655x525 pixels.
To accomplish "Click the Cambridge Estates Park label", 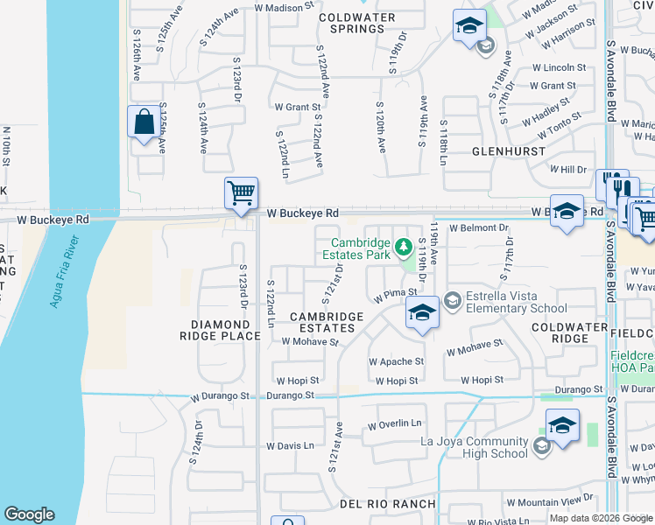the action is click(359, 250).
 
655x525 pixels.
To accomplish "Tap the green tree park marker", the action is click(404, 246).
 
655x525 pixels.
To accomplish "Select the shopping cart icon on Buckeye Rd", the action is click(241, 192).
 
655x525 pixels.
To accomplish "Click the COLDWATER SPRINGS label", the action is click(352, 23).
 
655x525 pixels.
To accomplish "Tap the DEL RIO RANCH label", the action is click(388, 503).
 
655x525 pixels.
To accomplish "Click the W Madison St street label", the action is click(284, 6).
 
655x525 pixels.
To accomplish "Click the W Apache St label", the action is click(396, 361).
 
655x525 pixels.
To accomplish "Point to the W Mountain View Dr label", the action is click(549, 502).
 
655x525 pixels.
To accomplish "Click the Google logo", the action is click(29, 514).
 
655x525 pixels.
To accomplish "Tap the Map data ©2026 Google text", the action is click(601, 518).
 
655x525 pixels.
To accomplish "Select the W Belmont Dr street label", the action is click(478, 228).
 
